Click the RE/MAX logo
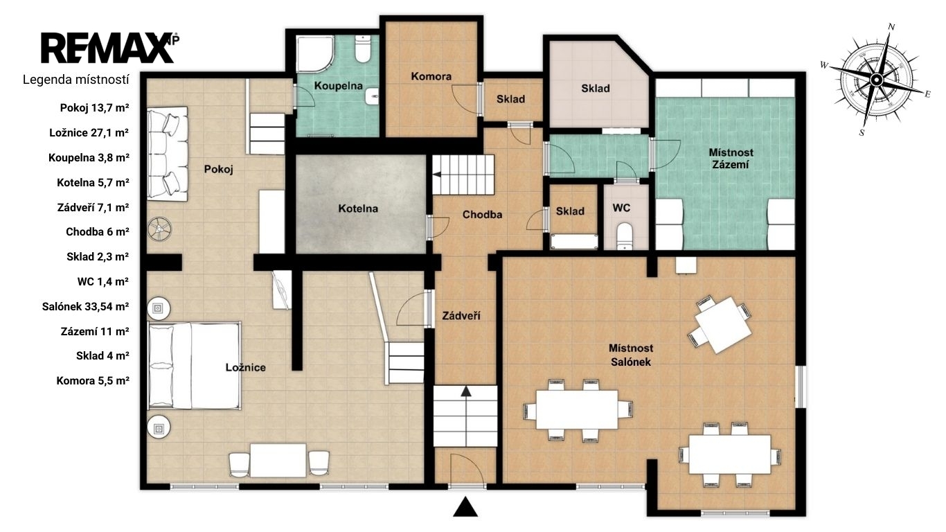click(x=109, y=48)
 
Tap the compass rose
click(x=876, y=80)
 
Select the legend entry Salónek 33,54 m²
click(x=85, y=306)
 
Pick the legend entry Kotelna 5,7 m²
click(x=93, y=183)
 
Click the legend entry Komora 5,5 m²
click(x=93, y=381)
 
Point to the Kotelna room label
click(x=358, y=209)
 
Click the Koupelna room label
click(x=338, y=86)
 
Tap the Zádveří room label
click(x=461, y=315)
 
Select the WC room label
click(x=621, y=208)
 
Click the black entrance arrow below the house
click(x=465, y=506)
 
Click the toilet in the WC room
click(x=624, y=236)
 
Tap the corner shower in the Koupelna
click(x=315, y=53)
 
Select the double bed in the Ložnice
click(x=195, y=366)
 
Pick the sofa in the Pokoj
click(x=167, y=153)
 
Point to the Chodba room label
click(x=482, y=215)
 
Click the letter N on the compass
click(x=891, y=26)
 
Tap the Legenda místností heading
click(x=76, y=80)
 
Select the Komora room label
click(x=431, y=76)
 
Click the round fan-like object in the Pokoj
click(x=160, y=229)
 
